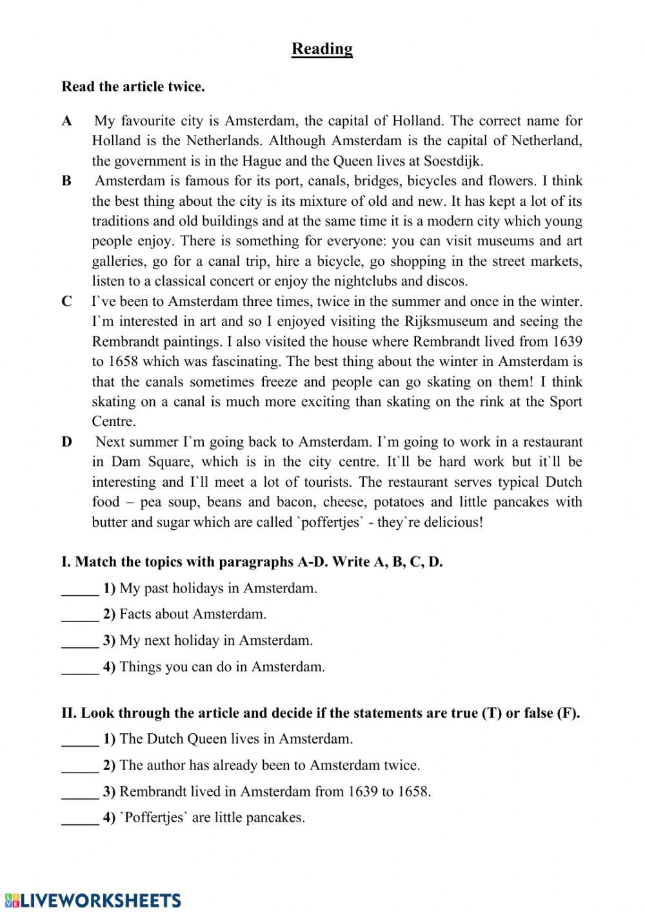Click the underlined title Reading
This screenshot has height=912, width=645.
pyautogui.click(x=322, y=49)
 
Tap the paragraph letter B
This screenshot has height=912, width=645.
pyautogui.click(x=66, y=181)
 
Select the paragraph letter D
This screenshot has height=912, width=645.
pyautogui.click(x=67, y=442)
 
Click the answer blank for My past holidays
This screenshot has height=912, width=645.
pyautogui.click(x=80, y=589)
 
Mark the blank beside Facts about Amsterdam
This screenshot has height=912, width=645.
pyautogui.click(x=80, y=615)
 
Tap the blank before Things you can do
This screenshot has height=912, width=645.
pyautogui.click(x=80, y=667)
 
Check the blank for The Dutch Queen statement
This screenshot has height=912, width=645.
pyautogui.click(x=80, y=740)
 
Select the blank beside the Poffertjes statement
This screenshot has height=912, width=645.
pyautogui.click(x=80, y=818)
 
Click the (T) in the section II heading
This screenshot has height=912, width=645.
pyautogui.click(x=491, y=713)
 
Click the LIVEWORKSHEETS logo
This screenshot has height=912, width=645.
pyautogui.click(x=93, y=900)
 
